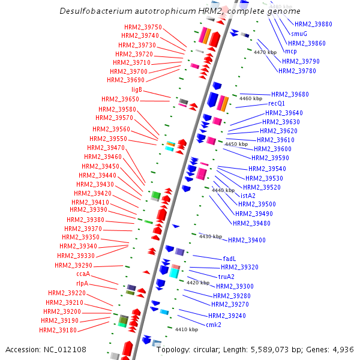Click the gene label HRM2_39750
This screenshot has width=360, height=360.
click(x=143, y=27)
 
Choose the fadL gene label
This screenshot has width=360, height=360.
click(x=229, y=259)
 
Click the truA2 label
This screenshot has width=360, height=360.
click(x=226, y=277)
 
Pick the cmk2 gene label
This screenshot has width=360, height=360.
click(x=214, y=325)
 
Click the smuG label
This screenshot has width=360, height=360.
click(x=299, y=34)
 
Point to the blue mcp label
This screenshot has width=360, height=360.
click(x=291, y=51)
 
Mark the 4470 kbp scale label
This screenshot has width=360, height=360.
click(x=265, y=52)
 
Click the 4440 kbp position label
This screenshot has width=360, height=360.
click(x=223, y=190)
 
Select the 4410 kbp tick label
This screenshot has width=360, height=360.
click(x=186, y=329)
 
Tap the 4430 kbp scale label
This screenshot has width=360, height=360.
click(x=211, y=236)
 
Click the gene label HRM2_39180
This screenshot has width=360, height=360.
click(x=58, y=329)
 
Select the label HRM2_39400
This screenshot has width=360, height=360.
click(x=247, y=240)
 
